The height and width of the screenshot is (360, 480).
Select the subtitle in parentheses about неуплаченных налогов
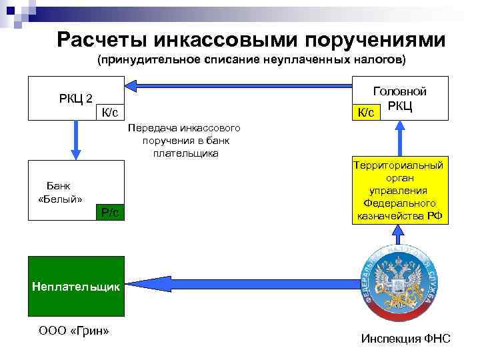[251, 61]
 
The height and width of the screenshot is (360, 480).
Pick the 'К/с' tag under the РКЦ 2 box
[110, 113]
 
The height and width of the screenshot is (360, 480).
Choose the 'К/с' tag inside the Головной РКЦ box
[366, 113]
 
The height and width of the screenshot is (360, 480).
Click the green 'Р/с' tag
[110, 212]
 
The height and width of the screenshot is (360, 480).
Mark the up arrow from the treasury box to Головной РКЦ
[400, 141]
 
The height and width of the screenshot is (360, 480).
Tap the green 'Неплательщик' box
[76, 287]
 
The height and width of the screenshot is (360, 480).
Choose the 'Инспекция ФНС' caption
[405, 339]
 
